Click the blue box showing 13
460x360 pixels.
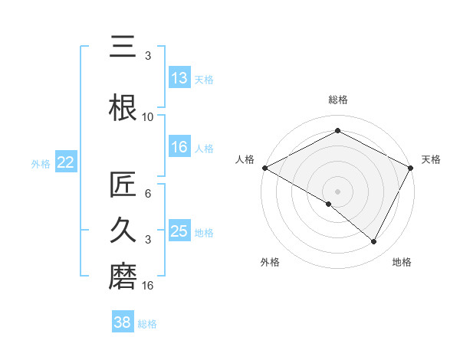[179, 78]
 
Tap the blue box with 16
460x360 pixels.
[179, 148]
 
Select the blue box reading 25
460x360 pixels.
[179, 231]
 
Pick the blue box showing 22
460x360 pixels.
[65, 162]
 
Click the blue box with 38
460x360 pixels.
[123, 322]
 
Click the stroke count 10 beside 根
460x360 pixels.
[148, 116]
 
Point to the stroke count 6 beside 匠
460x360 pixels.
[148, 195]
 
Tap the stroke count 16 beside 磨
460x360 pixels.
[148, 286]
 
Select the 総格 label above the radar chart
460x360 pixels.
[338, 100]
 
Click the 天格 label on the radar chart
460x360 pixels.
[432, 159]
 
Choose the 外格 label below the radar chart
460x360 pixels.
[270, 262]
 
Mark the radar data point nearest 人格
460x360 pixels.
[264, 168]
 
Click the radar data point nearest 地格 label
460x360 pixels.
[374, 242]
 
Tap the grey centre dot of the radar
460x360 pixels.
[337, 191]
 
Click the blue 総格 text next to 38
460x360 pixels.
[147, 324]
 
